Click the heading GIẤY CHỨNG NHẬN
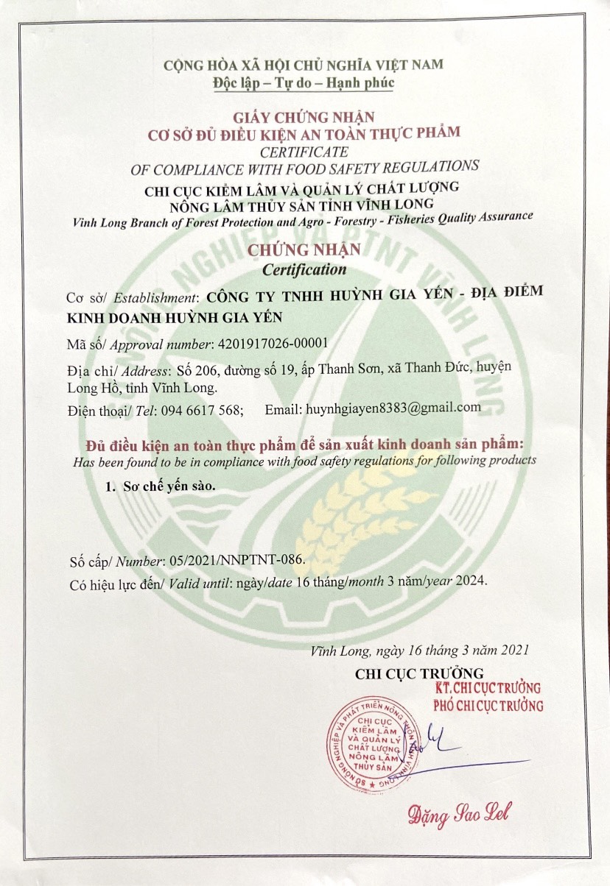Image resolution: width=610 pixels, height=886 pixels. tap(304, 116)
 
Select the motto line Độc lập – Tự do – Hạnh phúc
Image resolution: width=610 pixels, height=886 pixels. tap(304, 82)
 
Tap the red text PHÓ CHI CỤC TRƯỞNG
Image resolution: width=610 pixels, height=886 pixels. tap(488, 706)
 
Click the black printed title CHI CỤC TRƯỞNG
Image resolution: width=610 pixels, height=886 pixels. tap(418, 673)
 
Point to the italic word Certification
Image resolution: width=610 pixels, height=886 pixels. tap(304, 269)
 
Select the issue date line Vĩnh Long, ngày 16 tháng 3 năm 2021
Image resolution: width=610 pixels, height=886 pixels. tap(419, 651)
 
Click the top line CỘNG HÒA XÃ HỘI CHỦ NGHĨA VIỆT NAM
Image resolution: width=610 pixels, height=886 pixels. tap(304, 65)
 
